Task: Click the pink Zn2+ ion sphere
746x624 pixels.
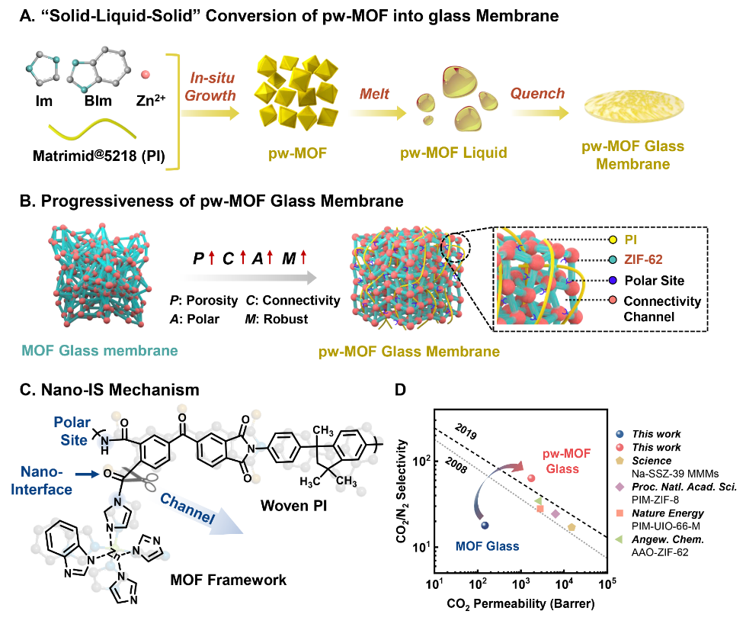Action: click(144, 74)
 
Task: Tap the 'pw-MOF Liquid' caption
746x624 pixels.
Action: click(453, 153)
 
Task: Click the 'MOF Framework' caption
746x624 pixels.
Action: click(227, 581)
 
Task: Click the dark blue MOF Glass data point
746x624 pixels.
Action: click(485, 525)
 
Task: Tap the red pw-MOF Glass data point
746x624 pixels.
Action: click(531, 478)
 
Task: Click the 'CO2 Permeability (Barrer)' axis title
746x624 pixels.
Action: click(521, 605)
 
